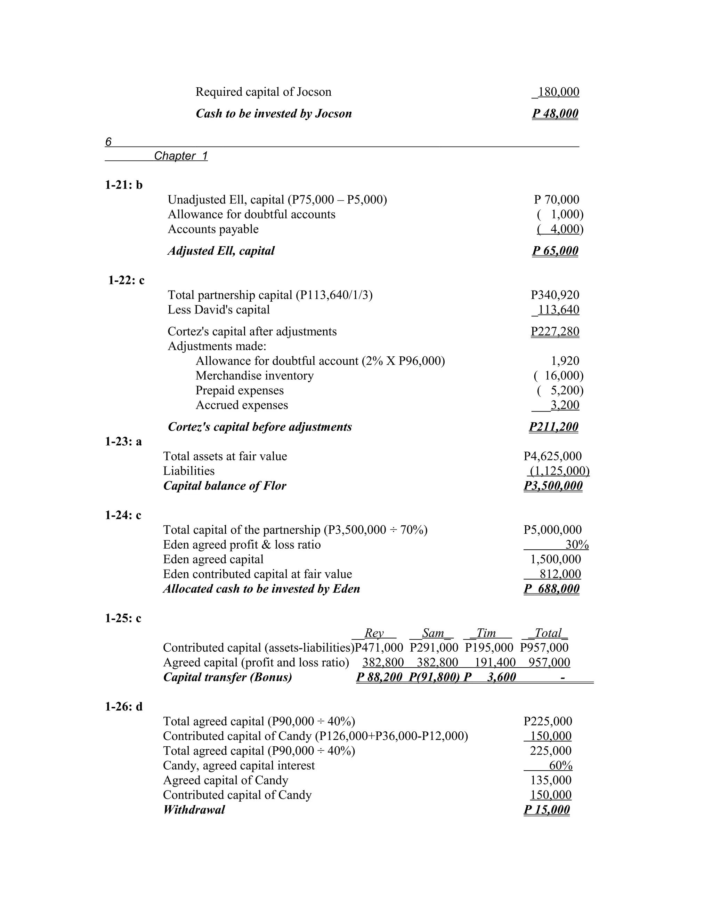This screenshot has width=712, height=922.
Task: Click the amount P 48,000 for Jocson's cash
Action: pos(555,113)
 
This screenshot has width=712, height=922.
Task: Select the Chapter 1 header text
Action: pos(180,156)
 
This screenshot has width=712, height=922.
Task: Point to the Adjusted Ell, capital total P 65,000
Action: pos(555,251)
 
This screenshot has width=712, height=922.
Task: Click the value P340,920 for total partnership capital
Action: pos(555,295)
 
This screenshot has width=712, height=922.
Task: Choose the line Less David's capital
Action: pos(218,310)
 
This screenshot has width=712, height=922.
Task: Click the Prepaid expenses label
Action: pos(240,390)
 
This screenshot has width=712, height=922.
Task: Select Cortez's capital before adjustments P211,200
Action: pos(554,427)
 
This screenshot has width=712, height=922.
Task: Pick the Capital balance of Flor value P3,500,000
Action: pos(553,486)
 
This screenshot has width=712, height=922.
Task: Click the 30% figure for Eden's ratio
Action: pos(577,545)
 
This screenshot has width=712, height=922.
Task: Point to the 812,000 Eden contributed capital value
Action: pos(560,574)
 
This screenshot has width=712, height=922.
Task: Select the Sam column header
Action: pos(432,633)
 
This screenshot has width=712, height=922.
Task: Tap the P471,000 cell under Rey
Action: pos(379,647)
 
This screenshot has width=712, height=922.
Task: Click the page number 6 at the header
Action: pos(108,142)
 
